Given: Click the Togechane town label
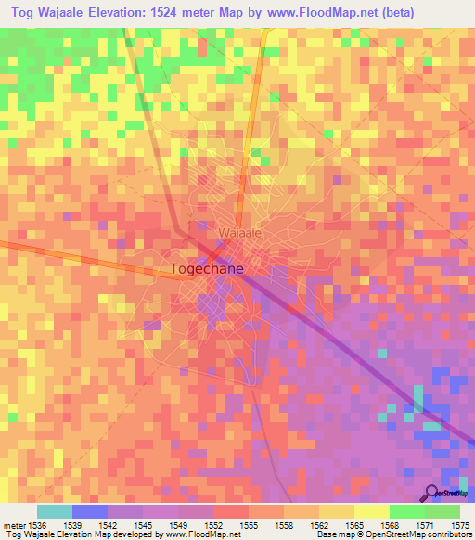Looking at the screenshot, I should (x=209, y=269).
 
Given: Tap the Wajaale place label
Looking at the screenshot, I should (x=241, y=233).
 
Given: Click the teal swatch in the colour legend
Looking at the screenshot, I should (x=54, y=511).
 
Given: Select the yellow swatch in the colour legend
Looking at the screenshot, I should (x=371, y=511).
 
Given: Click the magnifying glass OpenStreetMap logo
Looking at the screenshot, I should (x=432, y=494).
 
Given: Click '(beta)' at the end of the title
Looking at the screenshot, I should (x=390, y=14).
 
